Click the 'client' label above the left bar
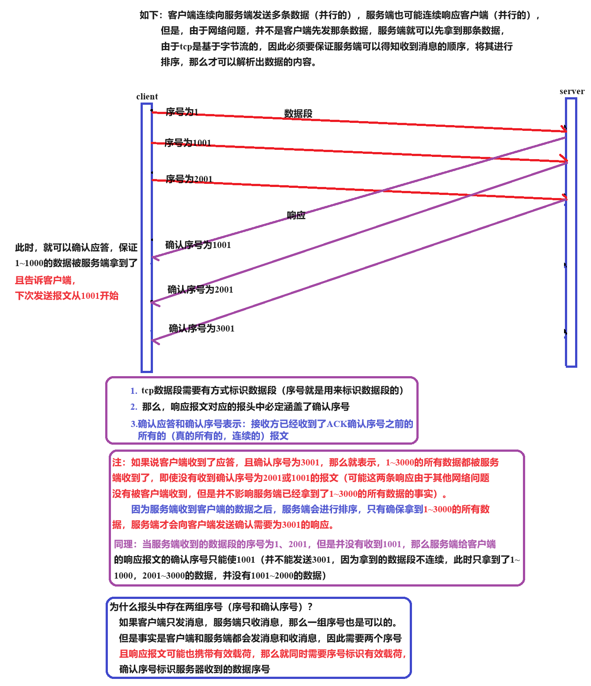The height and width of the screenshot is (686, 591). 147,96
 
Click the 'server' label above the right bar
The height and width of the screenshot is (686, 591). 572,91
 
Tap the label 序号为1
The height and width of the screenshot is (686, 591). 182,112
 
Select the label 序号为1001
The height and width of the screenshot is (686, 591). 187,143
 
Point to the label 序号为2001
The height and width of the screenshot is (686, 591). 189,179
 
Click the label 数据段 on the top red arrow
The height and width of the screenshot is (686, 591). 298,114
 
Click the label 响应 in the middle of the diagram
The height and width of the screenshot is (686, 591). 296,216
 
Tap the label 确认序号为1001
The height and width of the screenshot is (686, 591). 198,245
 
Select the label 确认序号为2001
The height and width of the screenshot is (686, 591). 200,290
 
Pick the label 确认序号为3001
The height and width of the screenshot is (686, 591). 201,328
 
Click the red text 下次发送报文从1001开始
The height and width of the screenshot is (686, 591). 67,296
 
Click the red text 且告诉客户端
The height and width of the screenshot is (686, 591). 45,280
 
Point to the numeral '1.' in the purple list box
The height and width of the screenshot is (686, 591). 133,391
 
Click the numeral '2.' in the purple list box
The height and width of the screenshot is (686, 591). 133,407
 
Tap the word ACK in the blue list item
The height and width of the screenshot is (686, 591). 336,424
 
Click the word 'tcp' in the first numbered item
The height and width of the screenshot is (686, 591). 147,391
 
